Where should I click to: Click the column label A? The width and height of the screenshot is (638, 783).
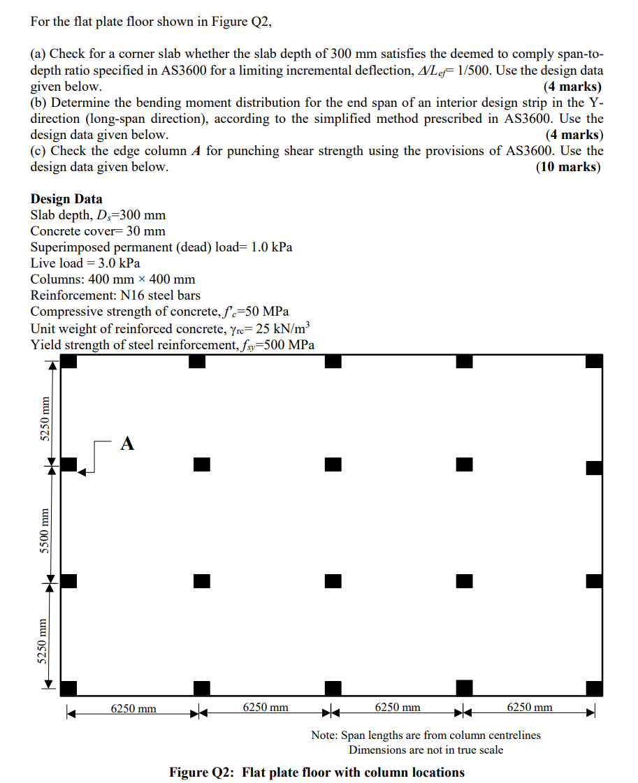(126, 443)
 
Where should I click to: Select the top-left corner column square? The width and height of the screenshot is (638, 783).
(68, 361)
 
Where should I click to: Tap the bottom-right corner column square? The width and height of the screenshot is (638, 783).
(594, 688)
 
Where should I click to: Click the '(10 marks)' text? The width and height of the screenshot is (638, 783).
(567, 167)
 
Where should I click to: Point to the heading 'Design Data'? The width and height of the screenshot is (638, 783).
(66, 199)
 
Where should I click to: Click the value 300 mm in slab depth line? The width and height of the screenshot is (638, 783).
(143, 215)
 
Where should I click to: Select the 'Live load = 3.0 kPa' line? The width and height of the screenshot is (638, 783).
(85, 263)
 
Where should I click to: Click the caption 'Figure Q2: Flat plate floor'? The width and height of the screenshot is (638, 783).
(317, 772)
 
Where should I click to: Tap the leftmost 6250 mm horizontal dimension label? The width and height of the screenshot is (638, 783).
(133, 708)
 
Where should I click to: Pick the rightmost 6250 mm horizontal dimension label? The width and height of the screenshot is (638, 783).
(529, 708)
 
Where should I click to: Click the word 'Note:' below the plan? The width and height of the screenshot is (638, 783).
(325, 735)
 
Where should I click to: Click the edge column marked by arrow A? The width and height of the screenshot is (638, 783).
(68, 464)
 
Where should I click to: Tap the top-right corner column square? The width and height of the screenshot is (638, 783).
(594, 361)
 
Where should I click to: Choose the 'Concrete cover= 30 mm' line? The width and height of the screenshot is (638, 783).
(98, 231)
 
